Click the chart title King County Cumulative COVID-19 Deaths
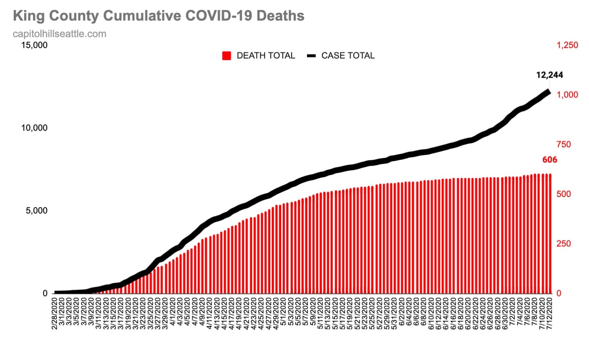(x=158, y=16)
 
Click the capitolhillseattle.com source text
(x=60, y=34)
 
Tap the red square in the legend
(x=227, y=56)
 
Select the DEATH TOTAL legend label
(x=265, y=56)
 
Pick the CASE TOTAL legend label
(x=348, y=56)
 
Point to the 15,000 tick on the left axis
(x=34, y=45)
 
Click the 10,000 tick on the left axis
(x=34, y=128)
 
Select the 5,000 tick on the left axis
(x=37, y=211)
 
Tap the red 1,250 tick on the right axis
(x=567, y=45)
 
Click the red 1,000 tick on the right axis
(x=567, y=95)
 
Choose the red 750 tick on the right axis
(x=564, y=144)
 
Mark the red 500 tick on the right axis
(x=564, y=194)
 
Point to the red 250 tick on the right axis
(x=564, y=244)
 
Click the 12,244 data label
(x=550, y=75)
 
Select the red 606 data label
(x=550, y=160)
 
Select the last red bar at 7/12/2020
(x=550, y=234)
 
